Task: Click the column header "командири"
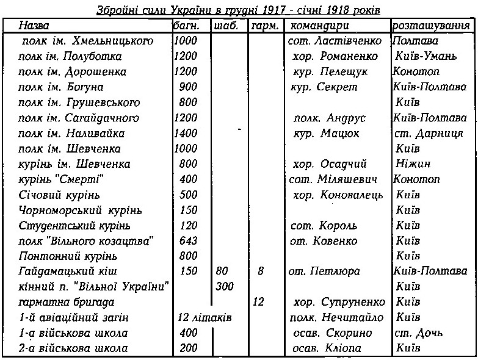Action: coord(319,26)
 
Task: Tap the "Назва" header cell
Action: coord(35,26)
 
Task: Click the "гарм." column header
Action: coord(264,26)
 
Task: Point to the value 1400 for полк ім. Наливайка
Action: coord(186,133)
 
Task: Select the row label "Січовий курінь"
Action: coord(60,195)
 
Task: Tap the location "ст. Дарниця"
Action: coord(429,133)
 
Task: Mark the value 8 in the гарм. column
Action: coord(261,271)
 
